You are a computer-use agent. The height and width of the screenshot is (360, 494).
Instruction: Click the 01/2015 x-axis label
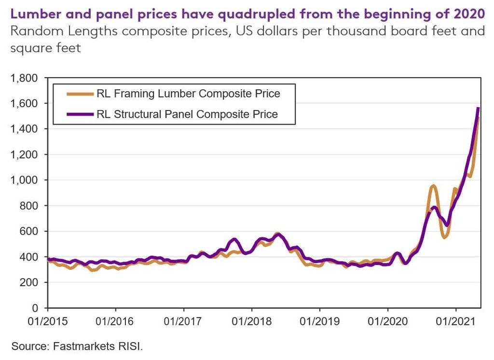pyautogui.click(x=47, y=321)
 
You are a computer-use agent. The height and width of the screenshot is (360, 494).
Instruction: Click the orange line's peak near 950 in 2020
pyautogui.click(x=433, y=186)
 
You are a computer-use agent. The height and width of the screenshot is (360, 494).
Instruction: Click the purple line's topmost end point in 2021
pyautogui.click(x=478, y=108)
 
